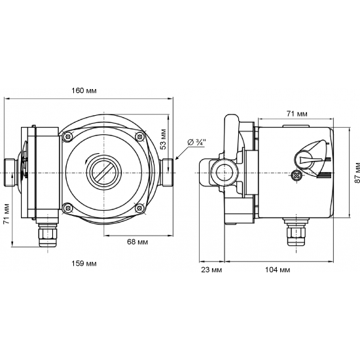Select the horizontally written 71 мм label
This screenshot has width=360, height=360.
click(297, 113)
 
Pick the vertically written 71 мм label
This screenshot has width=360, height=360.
click(7, 213)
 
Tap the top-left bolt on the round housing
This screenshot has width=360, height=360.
click(67, 135)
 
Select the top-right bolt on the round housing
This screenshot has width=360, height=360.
click(138, 135)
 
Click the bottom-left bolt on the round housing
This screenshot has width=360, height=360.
click(67, 208)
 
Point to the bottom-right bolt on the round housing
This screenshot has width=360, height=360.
click(138, 208)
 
